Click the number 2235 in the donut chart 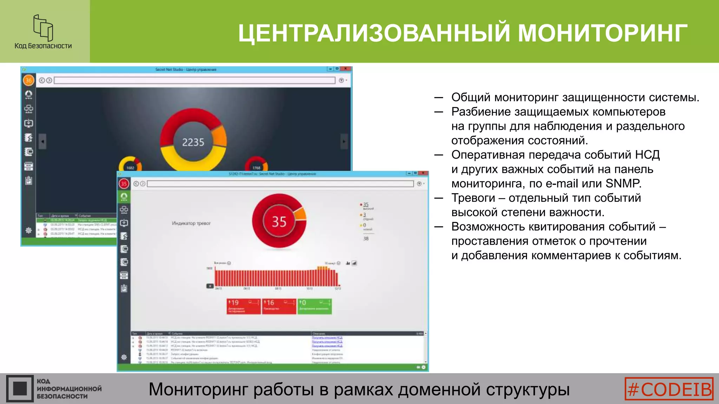coord(193,142)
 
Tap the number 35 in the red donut coord(279,222)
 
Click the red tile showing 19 coord(243,306)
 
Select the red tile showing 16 coord(279,306)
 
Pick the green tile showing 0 coord(314,306)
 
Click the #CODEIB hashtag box coord(669,389)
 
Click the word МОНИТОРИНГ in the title coord(602,33)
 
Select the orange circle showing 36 coord(28,80)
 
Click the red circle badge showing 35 coord(124,183)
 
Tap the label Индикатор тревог coord(191,223)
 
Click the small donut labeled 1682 coord(130,165)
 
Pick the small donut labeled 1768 coord(256,165)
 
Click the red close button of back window coord(346,69)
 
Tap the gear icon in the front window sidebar coord(124,357)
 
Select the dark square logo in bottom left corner coord(20,389)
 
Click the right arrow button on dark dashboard coord(344,142)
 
